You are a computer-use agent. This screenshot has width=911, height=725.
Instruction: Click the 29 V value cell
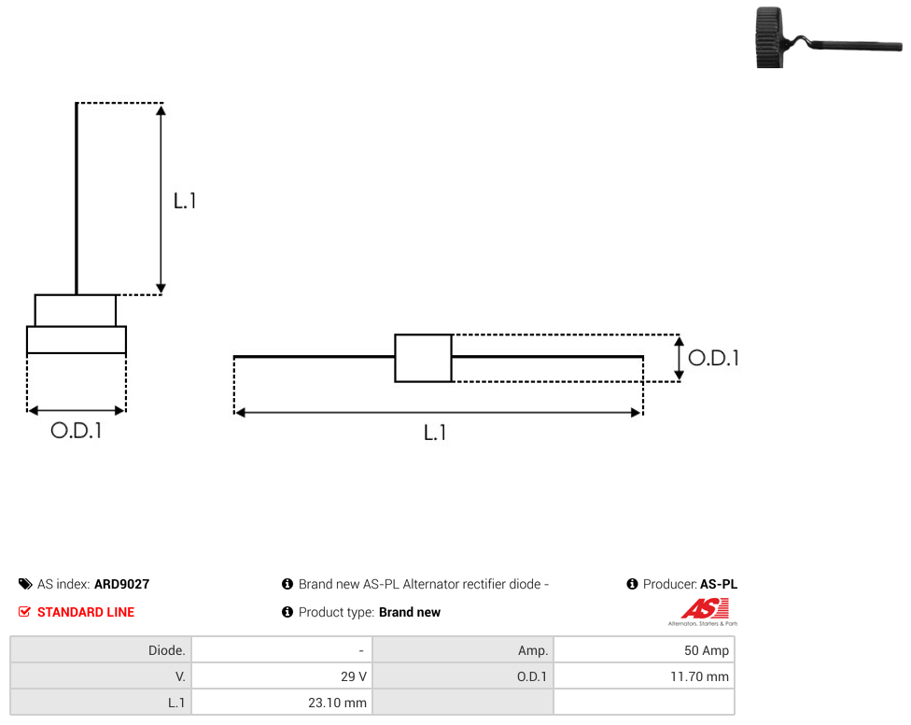pyautogui.click(x=282, y=676)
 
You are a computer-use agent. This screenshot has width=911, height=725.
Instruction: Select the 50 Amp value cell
pyautogui.click(x=644, y=650)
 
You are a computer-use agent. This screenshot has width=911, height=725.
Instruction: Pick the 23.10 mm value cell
pyautogui.click(x=282, y=703)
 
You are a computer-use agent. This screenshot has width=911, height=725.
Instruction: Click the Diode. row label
pyautogui.click(x=101, y=650)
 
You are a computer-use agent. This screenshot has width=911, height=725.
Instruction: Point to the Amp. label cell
pyautogui.click(x=463, y=650)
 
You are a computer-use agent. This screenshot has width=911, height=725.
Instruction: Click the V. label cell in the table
pyautogui.click(x=101, y=676)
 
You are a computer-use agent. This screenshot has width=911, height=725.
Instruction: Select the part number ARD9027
pyautogui.click(x=122, y=584)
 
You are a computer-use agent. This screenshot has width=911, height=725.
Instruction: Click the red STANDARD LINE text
pyautogui.click(x=86, y=612)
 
